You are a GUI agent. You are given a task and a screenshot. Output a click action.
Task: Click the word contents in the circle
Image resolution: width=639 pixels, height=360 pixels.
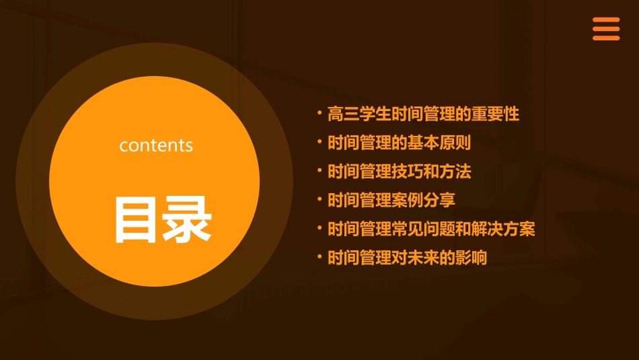[156, 145]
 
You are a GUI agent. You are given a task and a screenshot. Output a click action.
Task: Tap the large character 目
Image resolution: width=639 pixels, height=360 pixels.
[138, 219]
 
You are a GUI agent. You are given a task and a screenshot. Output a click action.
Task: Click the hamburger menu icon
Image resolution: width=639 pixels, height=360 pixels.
[606, 29]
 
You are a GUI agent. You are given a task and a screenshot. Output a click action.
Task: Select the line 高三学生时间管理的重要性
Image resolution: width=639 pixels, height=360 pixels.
[423, 114]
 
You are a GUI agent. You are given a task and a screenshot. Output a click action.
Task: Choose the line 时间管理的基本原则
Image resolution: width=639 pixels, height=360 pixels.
[399, 143]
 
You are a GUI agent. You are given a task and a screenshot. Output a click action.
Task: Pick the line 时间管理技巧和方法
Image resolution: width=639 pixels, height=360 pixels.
[399, 172]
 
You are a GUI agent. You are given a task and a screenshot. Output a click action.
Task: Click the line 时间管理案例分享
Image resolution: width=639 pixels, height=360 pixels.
[391, 200]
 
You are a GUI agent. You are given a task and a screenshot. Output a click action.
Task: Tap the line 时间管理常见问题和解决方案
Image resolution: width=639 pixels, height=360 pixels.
[431, 229]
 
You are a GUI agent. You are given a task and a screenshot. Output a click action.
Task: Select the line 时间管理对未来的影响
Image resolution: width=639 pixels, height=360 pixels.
[407, 258]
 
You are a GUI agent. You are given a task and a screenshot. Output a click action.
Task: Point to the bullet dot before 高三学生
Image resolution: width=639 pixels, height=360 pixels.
[320, 112]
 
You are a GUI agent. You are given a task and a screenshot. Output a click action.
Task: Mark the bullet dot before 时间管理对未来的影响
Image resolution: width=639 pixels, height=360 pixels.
[320, 256]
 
